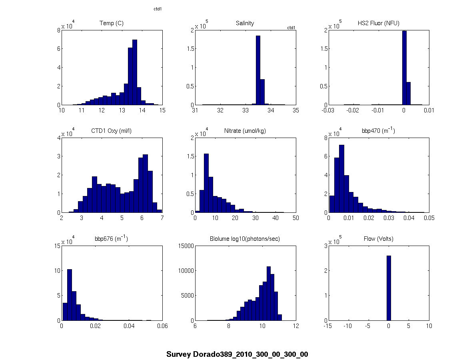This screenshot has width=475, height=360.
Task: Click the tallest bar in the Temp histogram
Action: (x=135, y=72)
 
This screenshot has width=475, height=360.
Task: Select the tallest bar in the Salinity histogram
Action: (x=258, y=70)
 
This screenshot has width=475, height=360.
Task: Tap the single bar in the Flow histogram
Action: (x=389, y=288)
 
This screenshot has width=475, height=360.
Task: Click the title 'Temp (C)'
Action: (x=111, y=23)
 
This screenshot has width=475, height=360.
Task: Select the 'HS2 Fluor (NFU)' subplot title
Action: (x=378, y=23)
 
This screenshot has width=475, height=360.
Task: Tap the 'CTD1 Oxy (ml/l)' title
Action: (x=111, y=131)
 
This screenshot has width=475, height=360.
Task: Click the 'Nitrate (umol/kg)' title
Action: (x=245, y=131)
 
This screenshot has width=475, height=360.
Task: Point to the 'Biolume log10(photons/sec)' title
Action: (x=245, y=239)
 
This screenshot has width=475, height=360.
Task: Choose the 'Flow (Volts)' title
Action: (x=378, y=239)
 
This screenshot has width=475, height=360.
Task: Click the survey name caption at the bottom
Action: (x=237, y=354)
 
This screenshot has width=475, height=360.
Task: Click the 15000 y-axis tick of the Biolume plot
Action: (x=185, y=246)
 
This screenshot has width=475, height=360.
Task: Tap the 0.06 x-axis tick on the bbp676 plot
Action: (x=162, y=326)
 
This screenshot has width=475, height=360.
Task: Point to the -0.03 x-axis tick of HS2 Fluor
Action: (x=328, y=110)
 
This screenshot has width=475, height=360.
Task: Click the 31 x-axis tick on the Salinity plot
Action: (x=195, y=110)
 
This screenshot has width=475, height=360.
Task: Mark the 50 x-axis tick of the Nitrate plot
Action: (x=295, y=218)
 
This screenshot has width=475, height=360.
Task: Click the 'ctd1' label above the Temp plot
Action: (x=158, y=9)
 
